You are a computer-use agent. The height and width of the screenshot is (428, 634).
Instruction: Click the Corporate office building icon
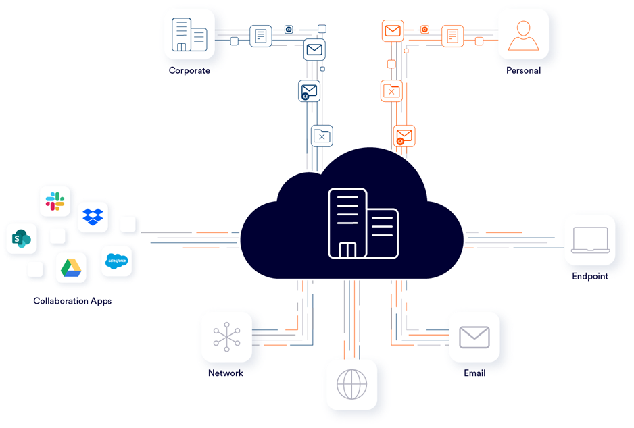click(x=189, y=34)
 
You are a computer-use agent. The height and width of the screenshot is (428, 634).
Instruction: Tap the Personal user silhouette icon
click(x=523, y=36)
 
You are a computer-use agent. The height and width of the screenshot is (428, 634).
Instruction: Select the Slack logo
click(x=55, y=201)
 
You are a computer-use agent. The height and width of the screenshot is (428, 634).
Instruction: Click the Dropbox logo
click(x=93, y=217)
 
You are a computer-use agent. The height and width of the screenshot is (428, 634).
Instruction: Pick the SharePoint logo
click(x=22, y=238)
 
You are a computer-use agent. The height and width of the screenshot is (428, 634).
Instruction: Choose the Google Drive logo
click(x=71, y=268)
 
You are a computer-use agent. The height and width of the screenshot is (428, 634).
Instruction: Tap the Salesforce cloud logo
click(x=116, y=261)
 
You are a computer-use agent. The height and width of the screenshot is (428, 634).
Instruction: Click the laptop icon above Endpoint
click(x=590, y=240)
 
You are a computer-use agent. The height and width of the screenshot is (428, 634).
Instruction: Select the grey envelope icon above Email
click(x=474, y=337)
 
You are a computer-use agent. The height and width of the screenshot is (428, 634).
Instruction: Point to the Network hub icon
click(x=227, y=337)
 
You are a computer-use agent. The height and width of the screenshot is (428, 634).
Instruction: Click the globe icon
click(x=351, y=384)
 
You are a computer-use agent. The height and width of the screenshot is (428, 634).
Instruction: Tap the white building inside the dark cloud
click(x=363, y=223)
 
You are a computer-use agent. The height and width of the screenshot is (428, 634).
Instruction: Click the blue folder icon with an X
click(x=322, y=136)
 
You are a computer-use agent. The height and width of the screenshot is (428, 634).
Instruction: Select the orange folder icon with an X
click(x=391, y=91)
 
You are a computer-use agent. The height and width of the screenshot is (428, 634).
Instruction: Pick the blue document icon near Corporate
click(x=261, y=36)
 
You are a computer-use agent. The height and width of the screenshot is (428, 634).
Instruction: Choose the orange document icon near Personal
click(x=452, y=36)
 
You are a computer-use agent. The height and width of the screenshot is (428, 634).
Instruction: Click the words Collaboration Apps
click(x=72, y=301)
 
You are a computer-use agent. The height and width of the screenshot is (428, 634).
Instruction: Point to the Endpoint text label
click(x=590, y=276)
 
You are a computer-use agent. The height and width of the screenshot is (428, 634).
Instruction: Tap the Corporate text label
click(x=189, y=70)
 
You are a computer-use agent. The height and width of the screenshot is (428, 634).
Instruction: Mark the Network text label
click(x=226, y=373)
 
